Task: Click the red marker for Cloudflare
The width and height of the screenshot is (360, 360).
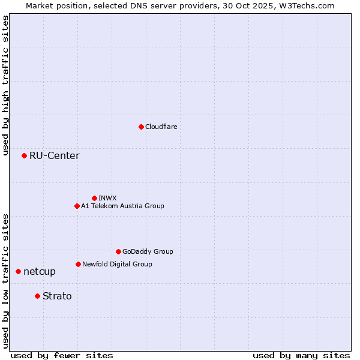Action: pyautogui.click(x=141, y=127)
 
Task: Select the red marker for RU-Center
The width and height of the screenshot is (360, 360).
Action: pyautogui.click(x=24, y=156)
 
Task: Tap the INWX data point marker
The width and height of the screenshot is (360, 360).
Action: pyautogui.click(x=94, y=198)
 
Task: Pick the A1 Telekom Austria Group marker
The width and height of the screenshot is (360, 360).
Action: pyautogui.click(x=77, y=206)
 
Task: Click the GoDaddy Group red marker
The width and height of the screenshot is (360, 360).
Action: pyautogui.click(x=118, y=251)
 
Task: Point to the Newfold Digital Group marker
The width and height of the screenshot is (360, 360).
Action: pyautogui.click(x=78, y=264)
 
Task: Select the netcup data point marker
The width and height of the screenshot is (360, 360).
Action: pyautogui.click(x=18, y=272)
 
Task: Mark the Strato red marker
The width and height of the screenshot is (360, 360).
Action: pyautogui.click(x=37, y=296)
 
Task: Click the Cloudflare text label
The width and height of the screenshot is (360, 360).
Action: pyautogui.click(x=161, y=127)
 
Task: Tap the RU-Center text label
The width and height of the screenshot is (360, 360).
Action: pyautogui.click(x=55, y=156)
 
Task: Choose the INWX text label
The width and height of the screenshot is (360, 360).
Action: pyautogui.click(x=107, y=198)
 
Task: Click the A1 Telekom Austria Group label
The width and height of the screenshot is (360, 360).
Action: pyautogui.click(x=122, y=206)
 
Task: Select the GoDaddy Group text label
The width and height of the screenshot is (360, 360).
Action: pyautogui.click(x=148, y=251)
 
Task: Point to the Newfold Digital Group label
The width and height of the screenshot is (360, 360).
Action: pyautogui.click(x=117, y=264)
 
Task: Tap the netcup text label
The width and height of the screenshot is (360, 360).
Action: pyautogui.click(x=40, y=272)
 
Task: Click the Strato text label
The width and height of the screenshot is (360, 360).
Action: pyautogui.click(x=57, y=296)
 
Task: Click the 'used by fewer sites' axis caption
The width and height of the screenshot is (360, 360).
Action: pyautogui.click(x=62, y=355)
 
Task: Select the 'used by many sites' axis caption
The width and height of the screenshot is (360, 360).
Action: pyautogui.click(x=301, y=355)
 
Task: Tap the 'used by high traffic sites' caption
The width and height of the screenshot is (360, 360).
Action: pyautogui.click(x=5, y=85)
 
